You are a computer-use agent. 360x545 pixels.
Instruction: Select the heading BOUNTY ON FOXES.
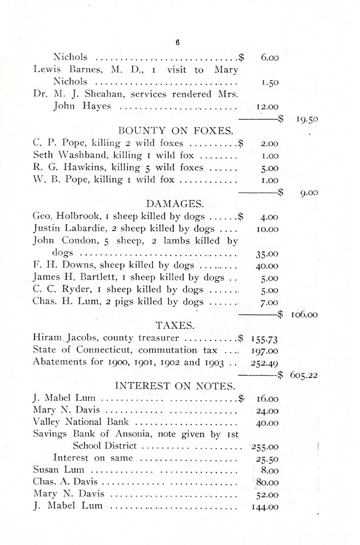[176, 131]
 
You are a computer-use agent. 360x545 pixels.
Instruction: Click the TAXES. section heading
[174, 325]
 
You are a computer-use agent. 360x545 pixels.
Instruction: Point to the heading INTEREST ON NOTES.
[175, 386]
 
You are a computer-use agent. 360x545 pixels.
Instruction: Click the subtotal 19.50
[307, 119]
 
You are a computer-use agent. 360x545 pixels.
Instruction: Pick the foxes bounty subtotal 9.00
[309, 193]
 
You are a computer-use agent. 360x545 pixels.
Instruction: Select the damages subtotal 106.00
[304, 315]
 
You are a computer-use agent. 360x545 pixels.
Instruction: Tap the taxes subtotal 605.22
[304, 375]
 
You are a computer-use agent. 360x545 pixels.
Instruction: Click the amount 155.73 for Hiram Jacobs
[264, 339]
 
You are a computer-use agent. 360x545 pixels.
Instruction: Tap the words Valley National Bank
[81, 422]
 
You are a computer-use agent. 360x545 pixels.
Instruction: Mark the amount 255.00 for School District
[265, 447]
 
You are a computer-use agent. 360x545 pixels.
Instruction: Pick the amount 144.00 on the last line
[265, 507]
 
